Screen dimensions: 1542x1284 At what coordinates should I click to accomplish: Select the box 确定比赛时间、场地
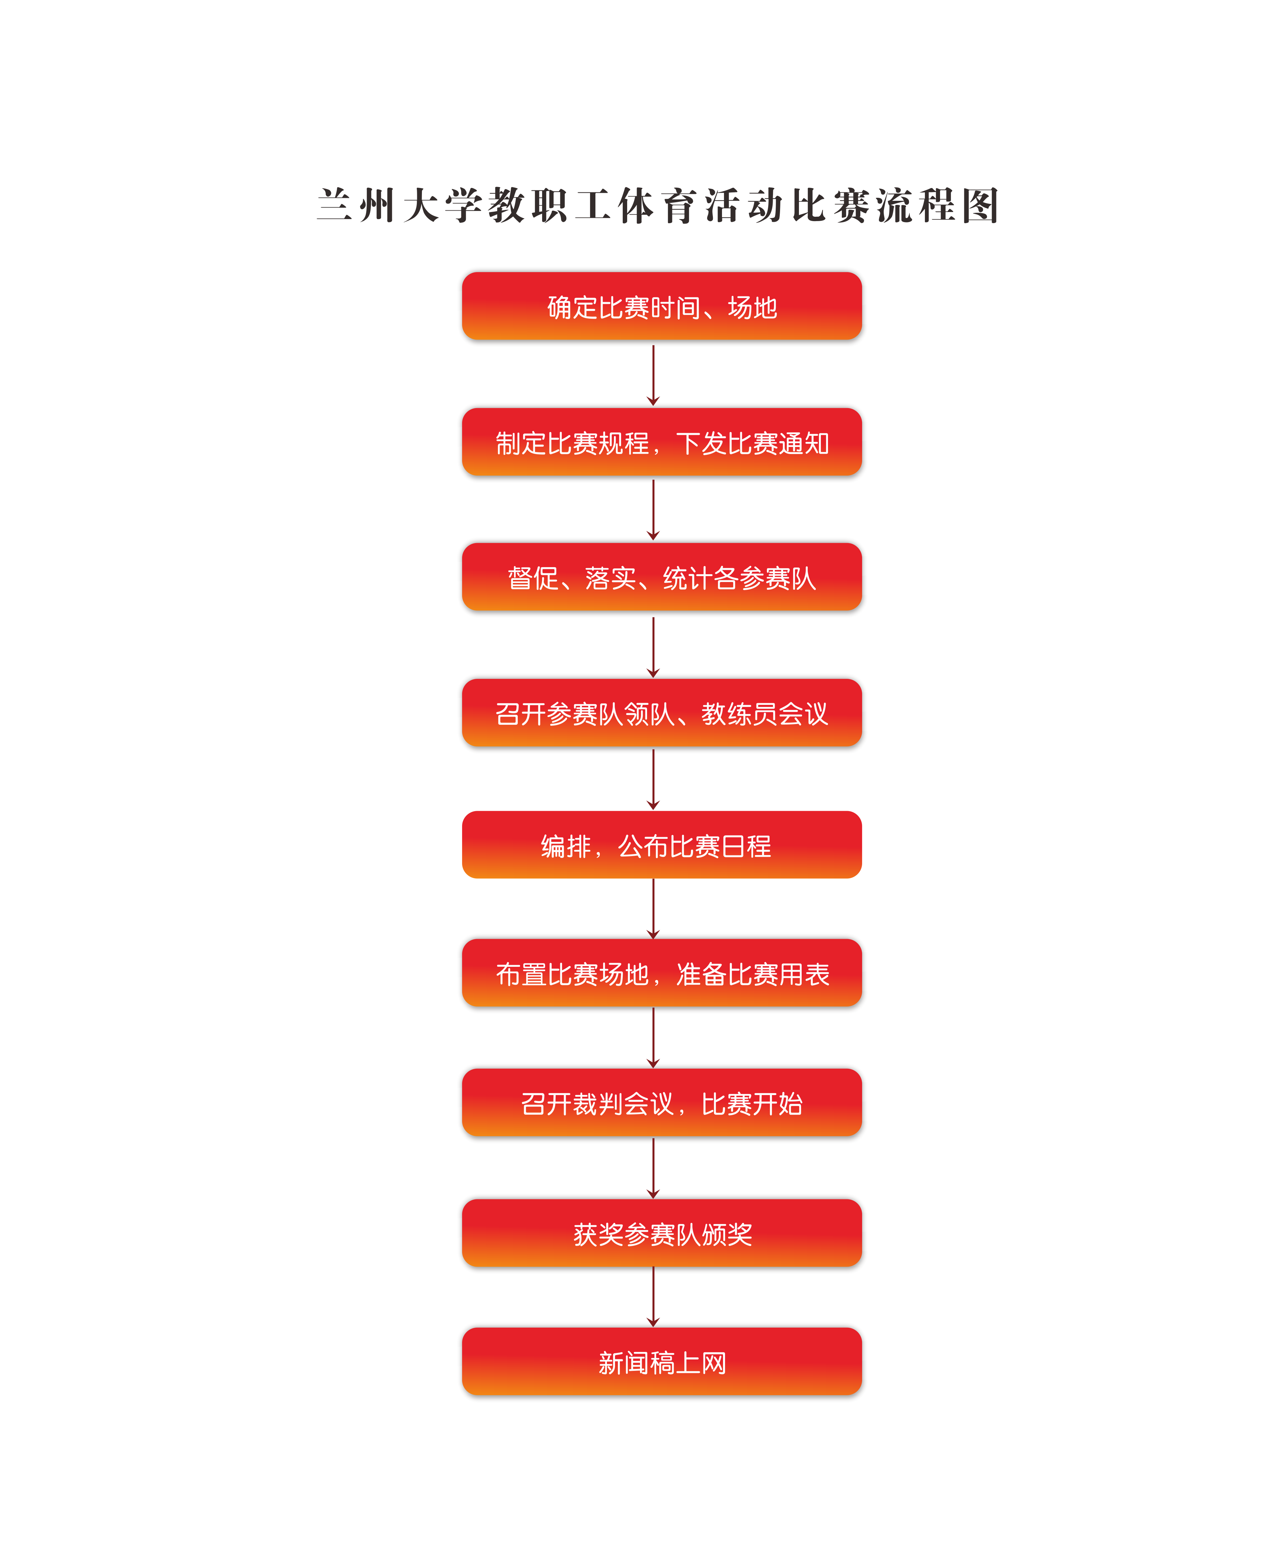662,307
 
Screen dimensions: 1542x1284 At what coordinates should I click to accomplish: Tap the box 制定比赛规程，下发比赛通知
662,443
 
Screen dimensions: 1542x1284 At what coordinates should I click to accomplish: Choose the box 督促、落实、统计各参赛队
662,578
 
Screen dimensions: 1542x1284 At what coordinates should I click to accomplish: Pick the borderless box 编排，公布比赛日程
662,845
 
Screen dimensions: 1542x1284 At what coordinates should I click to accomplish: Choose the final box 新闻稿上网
662,1363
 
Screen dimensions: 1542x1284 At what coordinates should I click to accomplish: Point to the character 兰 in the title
334,206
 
